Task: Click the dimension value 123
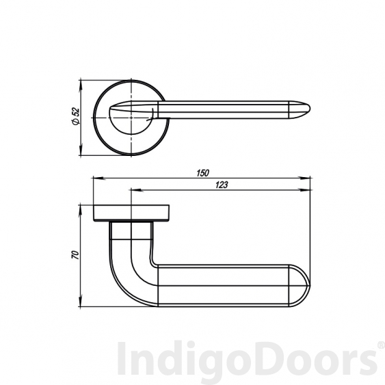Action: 220,184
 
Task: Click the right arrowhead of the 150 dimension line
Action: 309,179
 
